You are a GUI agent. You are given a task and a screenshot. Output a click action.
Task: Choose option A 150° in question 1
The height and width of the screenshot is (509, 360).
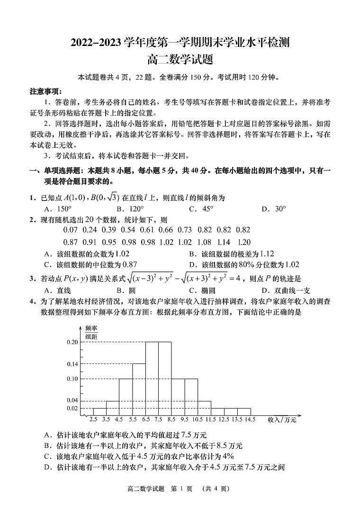[x=58, y=209]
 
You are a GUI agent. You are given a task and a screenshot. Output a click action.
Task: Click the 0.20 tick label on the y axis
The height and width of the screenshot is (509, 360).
[x=72, y=342]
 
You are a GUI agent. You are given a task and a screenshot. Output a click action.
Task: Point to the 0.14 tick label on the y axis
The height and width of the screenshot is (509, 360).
[x=72, y=364]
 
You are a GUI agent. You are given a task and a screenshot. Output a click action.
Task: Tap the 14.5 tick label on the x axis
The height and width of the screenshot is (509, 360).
[x=250, y=419]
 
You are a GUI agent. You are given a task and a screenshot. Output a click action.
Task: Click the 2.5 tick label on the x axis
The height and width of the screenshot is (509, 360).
[x=93, y=419]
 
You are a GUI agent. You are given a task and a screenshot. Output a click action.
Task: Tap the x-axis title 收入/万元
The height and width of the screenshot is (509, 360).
[x=282, y=419]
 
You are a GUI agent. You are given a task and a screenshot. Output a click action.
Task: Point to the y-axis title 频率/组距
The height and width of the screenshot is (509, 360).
[x=91, y=332]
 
